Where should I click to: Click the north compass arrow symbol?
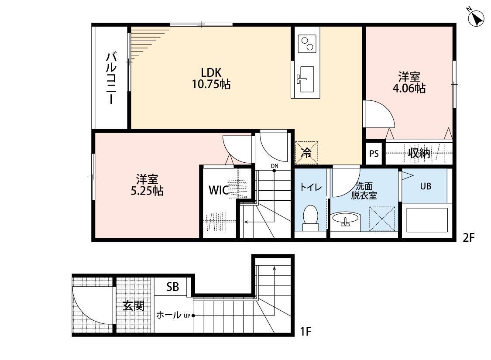(x=476, y=18)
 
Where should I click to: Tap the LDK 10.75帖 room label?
(x=211, y=78)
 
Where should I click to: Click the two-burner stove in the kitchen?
(x=307, y=44)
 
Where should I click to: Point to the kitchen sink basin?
(x=306, y=79)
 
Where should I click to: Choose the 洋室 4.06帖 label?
(x=409, y=82)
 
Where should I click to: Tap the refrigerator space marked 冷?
(x=306, y=153)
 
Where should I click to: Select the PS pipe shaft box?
(x=374, y=154)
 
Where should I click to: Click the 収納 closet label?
(x=419, y=153)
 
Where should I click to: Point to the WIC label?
(x=219, y=190)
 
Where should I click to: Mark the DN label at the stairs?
(x=275, y=166)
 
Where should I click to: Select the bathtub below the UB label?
(x=426, y=220)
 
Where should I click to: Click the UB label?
(x=426, y=186)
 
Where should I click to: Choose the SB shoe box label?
(x=172, y=286)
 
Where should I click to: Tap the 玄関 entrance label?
(x=134, y=305)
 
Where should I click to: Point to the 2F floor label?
(x=469, y=238)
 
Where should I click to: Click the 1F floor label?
(x=306, y=331)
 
